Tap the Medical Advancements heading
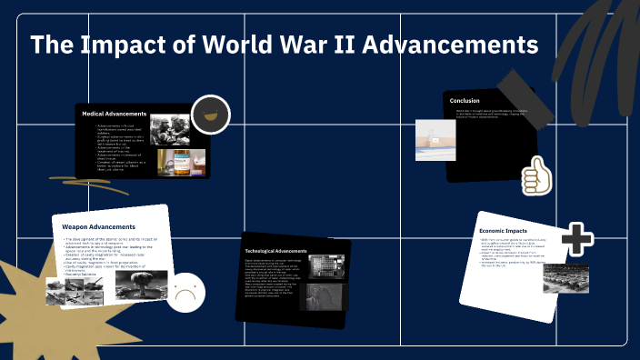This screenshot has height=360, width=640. [x=115, y=114]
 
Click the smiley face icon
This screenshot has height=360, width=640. [x=211, y=115]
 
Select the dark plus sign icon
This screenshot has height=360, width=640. [x=576, y=239]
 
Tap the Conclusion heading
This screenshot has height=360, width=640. [x=464, y=101]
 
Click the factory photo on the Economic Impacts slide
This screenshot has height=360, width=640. [x=565, y=277]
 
